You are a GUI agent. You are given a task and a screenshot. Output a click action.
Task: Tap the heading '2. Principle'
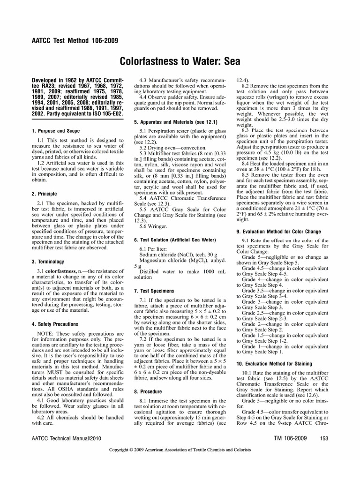tap(44, 194)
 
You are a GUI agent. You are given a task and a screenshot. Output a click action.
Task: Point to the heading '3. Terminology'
tap(48, 262)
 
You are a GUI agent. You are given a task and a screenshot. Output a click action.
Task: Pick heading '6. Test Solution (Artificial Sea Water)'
tap(175, 240)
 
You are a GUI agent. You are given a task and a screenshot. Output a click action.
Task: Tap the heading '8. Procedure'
tap(148, 391)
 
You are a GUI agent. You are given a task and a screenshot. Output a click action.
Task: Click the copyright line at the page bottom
tap(180, 450)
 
